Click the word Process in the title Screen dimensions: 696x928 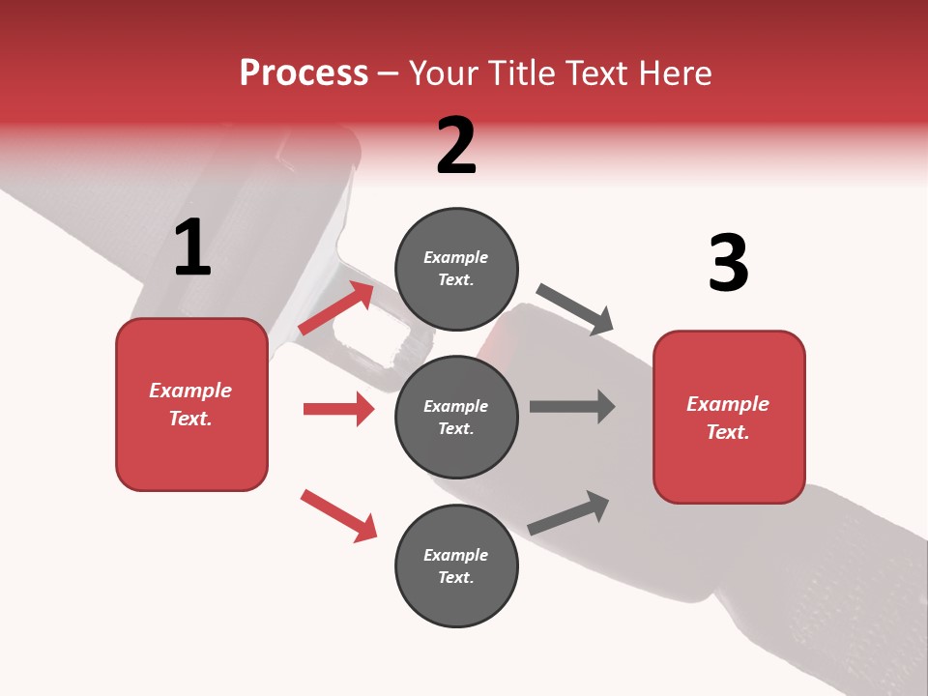[304, 73]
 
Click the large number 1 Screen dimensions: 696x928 [192, 248]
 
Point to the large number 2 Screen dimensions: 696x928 [456, 146]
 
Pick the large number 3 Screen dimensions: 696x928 [728, 263]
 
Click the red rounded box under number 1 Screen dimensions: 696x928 [191, 404]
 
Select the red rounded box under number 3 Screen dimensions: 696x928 [729, 417]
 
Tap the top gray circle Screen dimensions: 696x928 [456, 269]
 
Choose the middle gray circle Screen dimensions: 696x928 [456, 417]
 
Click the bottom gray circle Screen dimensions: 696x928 [456, 565]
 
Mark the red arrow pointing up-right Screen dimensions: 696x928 [336, 307]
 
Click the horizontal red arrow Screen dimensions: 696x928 [338, 409]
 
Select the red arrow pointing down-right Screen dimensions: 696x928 [338, 515]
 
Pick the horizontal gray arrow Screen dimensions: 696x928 [572, 406]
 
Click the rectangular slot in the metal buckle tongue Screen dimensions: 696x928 [372, 340]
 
